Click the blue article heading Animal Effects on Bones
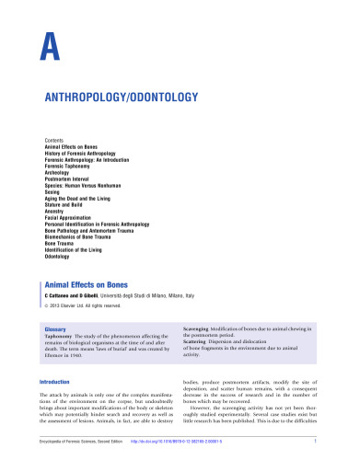[x=98, y=285]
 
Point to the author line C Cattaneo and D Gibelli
[x=77, y=297]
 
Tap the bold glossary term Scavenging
[x=203, y=328]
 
